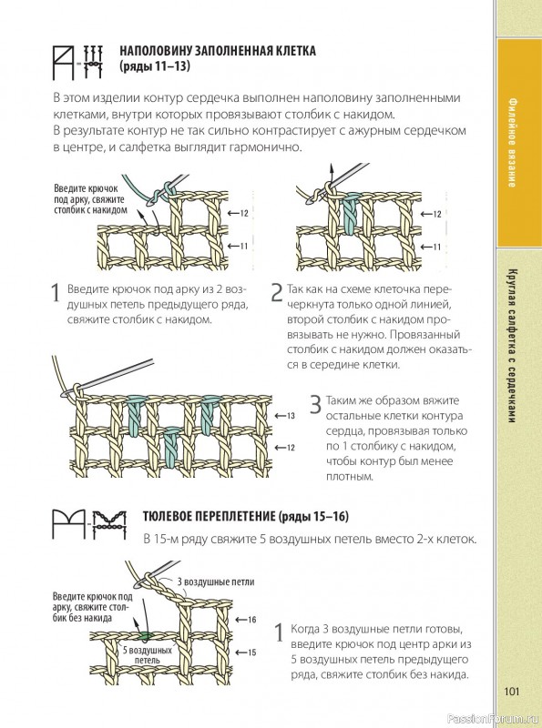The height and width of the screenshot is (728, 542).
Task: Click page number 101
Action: coord(511,692)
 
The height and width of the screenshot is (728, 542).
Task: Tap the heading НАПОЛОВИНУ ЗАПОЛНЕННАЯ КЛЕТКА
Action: coord(218,51)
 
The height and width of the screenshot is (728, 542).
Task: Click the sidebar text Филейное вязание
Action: coord(512,142)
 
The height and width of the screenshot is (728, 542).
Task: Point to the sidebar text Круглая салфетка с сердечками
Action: coord(512,346)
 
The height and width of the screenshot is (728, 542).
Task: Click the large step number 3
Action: coord(315,405)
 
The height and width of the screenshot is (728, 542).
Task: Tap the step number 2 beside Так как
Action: coord(277,292)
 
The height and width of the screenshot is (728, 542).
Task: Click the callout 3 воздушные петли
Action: coord(216,581)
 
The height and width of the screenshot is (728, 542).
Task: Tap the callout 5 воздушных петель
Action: coord(148,655)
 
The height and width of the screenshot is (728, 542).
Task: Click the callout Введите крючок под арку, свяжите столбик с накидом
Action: coord(90,199)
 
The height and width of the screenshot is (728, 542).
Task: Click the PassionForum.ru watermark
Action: coord(494,719)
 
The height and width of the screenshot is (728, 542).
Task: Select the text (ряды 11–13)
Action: coord(155,66)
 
